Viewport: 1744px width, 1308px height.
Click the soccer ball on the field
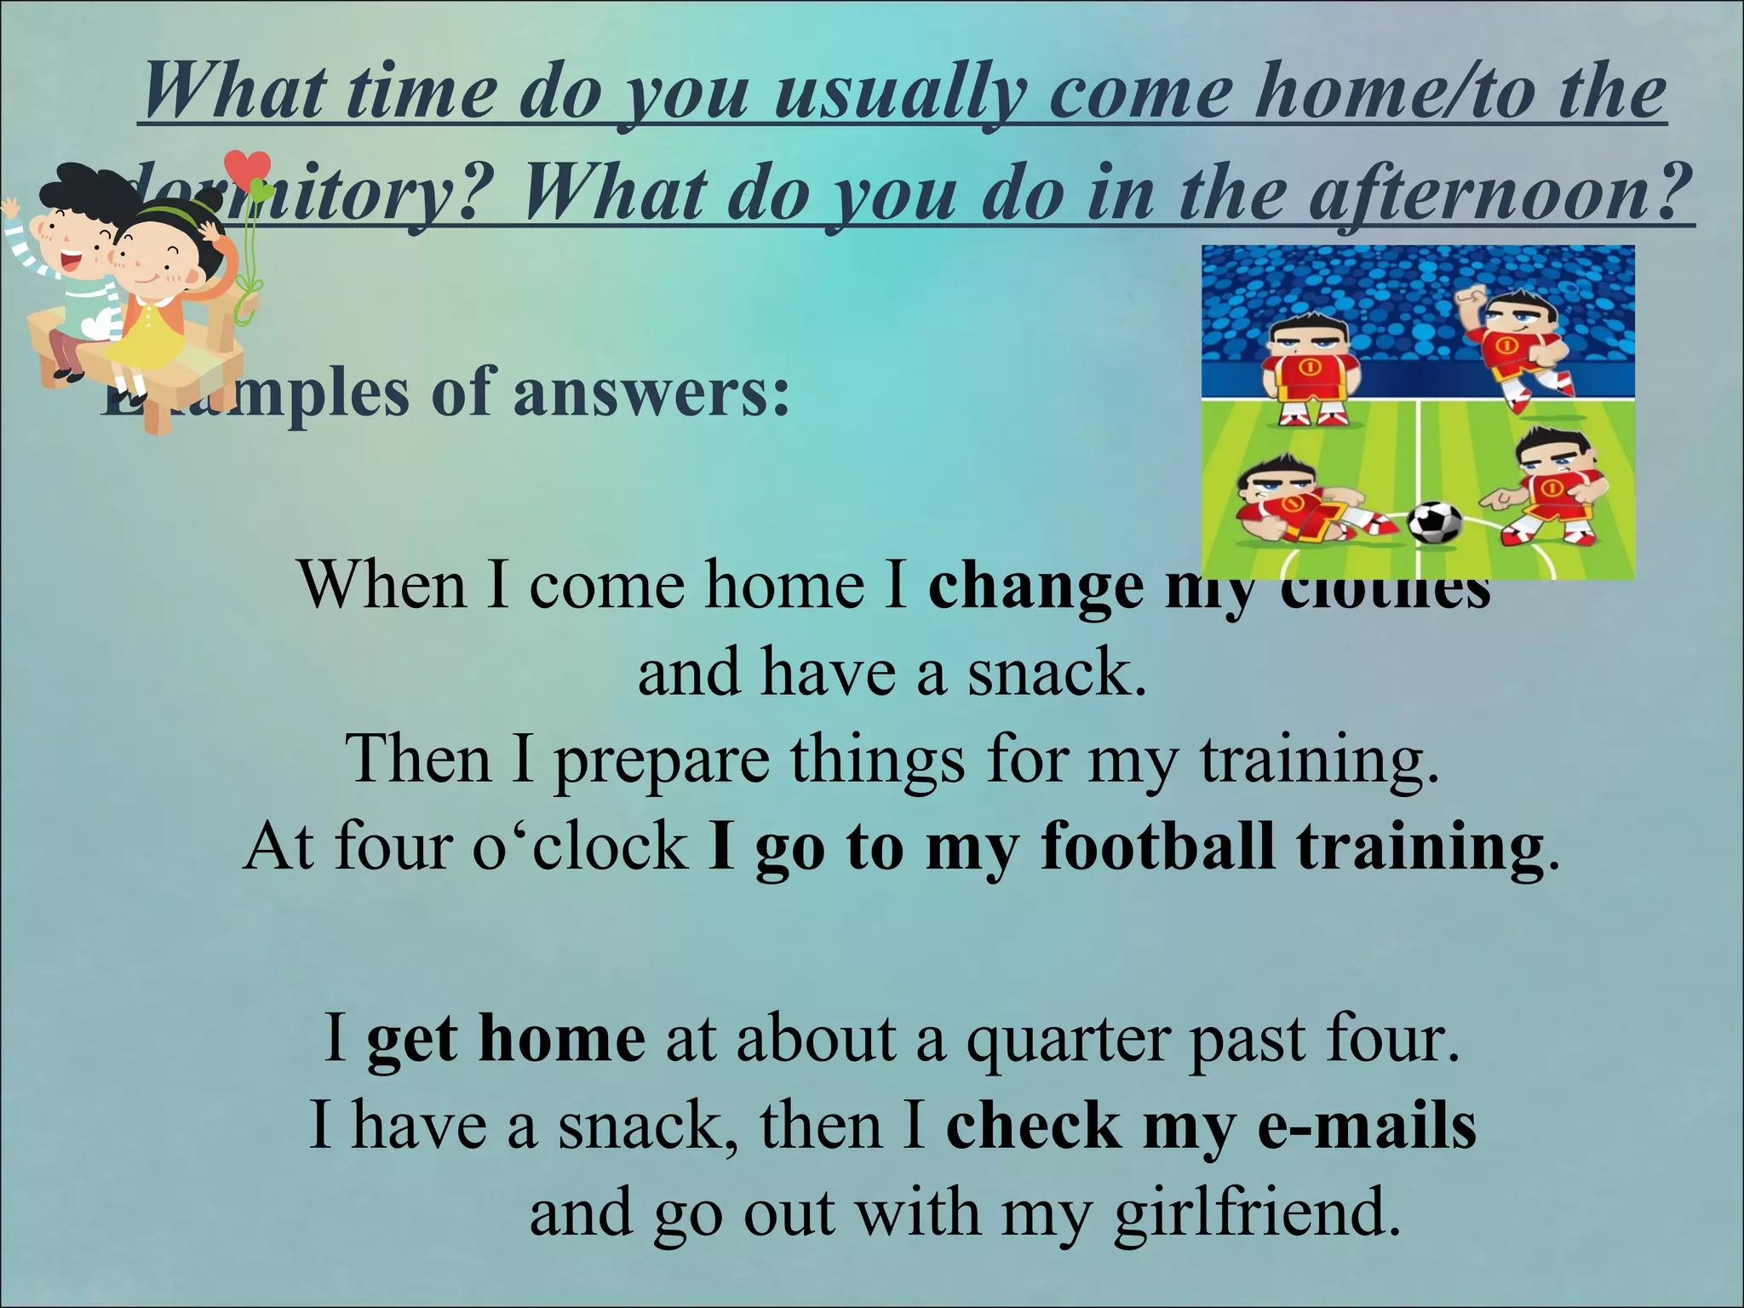coord(1434,523)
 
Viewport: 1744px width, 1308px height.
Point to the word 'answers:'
coord(651,393)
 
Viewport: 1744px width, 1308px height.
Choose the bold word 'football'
coord(1157,847)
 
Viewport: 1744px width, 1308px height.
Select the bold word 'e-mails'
coord(1367,1126)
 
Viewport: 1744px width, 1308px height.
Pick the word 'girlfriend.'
coord(1257,1213)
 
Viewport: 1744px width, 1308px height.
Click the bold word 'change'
coord(1035,588)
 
